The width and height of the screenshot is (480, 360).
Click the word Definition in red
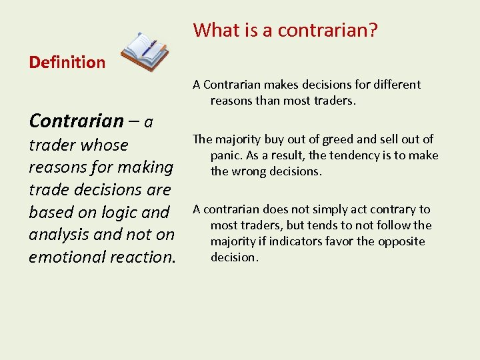pos(67,63)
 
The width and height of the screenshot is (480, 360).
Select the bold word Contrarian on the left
pos(76,121)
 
